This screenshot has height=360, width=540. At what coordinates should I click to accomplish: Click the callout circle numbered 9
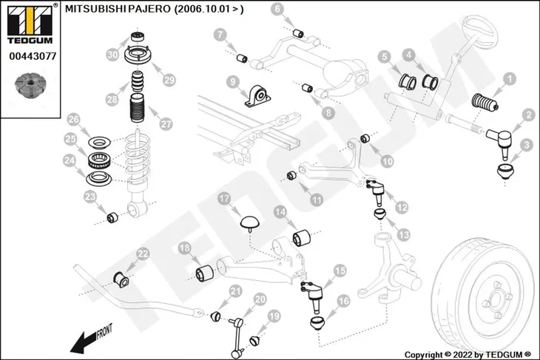[x=233, y=82]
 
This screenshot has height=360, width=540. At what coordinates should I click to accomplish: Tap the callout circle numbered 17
[x=224, y=199]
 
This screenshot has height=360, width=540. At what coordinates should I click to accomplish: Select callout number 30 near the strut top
[x=112, y=55]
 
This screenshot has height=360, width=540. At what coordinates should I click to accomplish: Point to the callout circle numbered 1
[x=510, y=79]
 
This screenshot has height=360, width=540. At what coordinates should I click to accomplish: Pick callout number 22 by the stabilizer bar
[x=143, y=254]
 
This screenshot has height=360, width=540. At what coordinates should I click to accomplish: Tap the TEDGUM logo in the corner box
[x=30, y=23]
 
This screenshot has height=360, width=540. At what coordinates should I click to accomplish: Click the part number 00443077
[x=33, y=56]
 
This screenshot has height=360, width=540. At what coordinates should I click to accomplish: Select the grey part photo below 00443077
[x=30, y=86]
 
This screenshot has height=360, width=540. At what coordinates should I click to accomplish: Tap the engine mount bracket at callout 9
[x=257, y=95]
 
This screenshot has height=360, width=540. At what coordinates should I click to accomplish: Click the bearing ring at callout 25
[x=100, y=160]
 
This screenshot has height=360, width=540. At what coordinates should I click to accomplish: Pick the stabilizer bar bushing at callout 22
[x=121, y=279]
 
